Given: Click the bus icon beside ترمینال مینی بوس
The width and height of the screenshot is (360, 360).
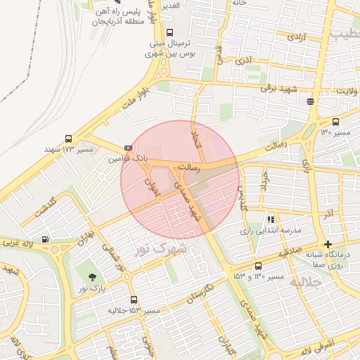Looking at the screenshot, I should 169,32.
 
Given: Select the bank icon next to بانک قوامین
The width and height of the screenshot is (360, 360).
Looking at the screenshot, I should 128,148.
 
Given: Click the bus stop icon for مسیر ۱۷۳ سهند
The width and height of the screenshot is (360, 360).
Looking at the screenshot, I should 68,139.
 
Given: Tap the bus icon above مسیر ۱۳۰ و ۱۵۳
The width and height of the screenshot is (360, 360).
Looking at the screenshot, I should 258,266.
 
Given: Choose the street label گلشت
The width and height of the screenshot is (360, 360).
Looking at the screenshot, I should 44,209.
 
